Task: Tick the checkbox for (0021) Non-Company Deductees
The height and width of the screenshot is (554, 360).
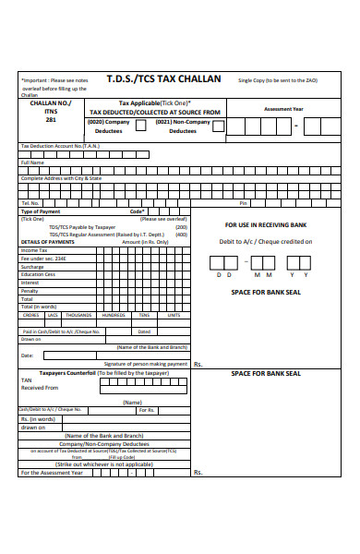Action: [x=217, y=126]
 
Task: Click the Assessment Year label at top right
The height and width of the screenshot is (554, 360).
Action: [x=283, y=108]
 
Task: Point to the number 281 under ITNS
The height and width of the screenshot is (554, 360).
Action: [x=52, y=120]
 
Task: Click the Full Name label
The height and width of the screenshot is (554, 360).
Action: [x=32, y=162]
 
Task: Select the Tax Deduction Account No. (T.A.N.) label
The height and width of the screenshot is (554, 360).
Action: [x=60, y=146]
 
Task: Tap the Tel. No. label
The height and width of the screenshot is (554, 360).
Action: [x=30, y=203]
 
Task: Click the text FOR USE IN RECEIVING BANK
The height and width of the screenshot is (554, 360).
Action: [x=265, y=224]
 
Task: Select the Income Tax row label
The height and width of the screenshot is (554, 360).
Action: [x=34, y=250]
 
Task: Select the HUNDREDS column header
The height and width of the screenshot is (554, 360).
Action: [x=114, y=315]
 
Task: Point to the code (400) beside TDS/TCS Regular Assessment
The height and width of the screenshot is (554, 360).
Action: [x=182, y=235]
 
